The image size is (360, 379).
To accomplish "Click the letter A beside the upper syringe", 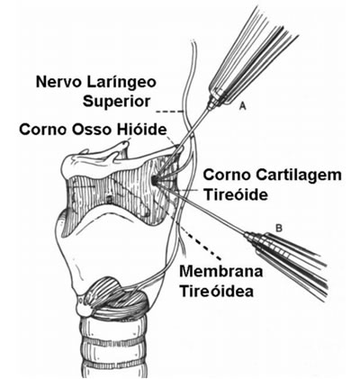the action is (x=242, y=106).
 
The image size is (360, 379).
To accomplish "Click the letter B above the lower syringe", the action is (x=279, y=229).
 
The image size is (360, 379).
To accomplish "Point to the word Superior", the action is (x=116, y=102).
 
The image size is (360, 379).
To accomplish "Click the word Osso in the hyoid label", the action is (x=92, y=130).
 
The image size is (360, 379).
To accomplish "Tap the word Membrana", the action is (x=221, y=271).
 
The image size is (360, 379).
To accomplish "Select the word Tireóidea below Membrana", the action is (x=216, y=291).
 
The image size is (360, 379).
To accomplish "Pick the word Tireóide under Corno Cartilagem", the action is (x=236, y=195).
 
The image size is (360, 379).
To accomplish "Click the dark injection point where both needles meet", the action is (x=154, y=181).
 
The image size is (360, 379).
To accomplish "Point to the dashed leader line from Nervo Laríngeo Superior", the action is (x=170, y=112).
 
